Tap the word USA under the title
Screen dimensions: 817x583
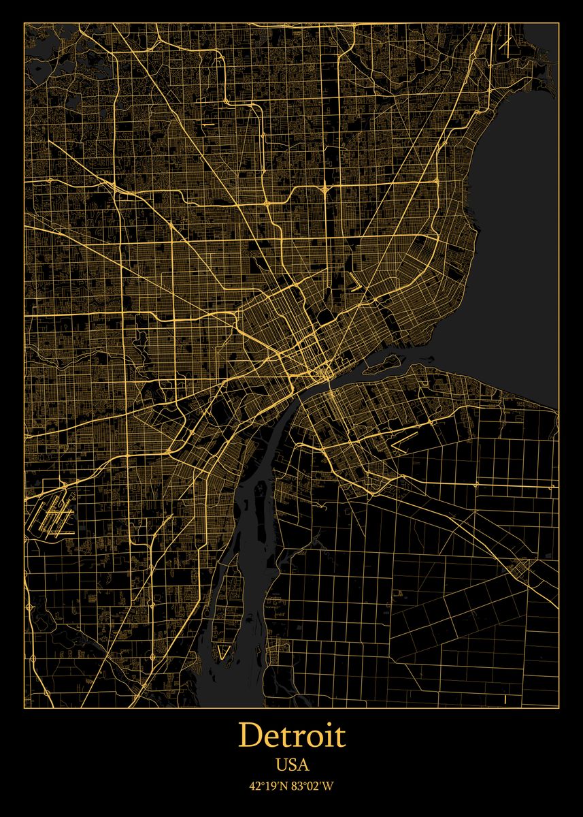(292, 765)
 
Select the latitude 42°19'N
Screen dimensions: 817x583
(269, 786)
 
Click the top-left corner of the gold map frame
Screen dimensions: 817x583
(24, 22)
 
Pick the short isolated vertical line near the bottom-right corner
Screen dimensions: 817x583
(505, 699)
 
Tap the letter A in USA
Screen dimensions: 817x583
(303, 765)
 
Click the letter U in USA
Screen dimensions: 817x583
(281, 765)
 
